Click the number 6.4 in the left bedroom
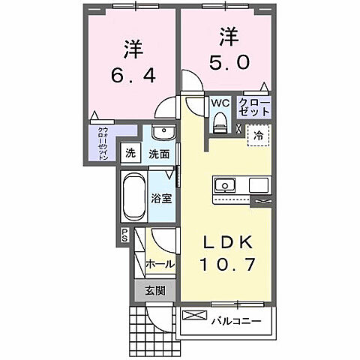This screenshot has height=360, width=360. [x=132, y=76]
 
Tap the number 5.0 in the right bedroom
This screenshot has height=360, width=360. [x=224, y=61]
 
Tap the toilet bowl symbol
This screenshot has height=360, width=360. [x=220, y=121]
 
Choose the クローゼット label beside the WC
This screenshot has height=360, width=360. [x=254, y=106]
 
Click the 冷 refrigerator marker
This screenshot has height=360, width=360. [x=259, y=137]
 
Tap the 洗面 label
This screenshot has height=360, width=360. [x=158, y=154]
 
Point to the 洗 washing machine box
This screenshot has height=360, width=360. [x=130, y=154]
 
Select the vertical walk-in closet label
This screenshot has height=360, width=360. [x=101, y=142]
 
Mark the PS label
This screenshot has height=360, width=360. [x=124, y=235]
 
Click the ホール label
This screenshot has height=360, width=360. [x=160, y=264]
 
